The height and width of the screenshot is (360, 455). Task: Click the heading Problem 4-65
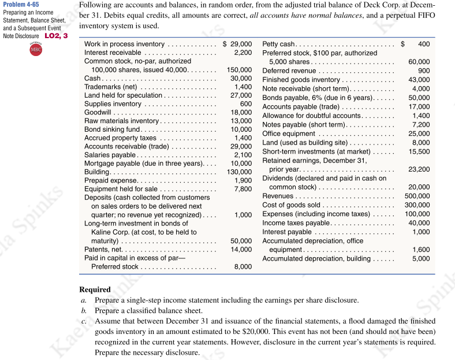pyautogui.click(x=22, y=5)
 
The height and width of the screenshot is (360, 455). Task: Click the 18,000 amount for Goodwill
pyautogui.click(x=241, y=112)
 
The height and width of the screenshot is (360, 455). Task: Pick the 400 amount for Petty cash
pyautogui.click(x=423, y=44)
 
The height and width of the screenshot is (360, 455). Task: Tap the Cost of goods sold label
pyautogui.click(x=291, y=205)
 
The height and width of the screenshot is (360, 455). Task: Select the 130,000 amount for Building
pyautogui.click(x=239, y=172)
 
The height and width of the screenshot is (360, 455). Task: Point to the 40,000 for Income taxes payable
pyautogui.click(x=420, y=223)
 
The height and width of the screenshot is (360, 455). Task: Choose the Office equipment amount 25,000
pyautogui.click(x=420, y=133)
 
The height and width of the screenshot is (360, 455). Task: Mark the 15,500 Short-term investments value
pyautogui.click(x=420, y=151)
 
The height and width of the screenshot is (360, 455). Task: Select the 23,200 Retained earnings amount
pyautogui.click(x=420, y=169)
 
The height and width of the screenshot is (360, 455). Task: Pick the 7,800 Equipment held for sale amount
pyautogui.click(x=243, y=189)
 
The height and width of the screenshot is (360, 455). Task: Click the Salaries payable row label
pyautogui.click(x=110, y=155)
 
